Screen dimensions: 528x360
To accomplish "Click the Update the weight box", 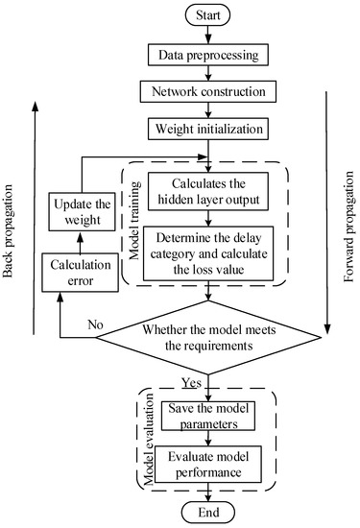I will tap(81, 209).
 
